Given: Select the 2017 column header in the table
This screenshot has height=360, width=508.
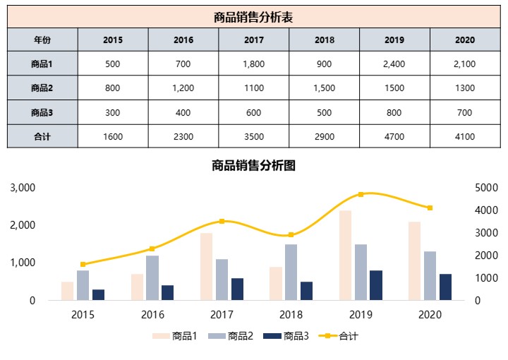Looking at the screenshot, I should [253, 40].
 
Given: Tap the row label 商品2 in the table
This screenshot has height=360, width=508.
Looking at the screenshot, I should [42, 88].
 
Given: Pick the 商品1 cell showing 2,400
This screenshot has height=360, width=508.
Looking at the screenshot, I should [394, 64].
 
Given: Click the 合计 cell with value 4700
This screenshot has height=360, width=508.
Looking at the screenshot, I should [394, 136].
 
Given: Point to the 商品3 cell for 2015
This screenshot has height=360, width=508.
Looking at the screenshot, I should [113, 112].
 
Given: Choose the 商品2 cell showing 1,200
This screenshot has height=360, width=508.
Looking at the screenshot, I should [183, 88].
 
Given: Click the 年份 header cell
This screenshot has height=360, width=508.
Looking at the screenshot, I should [42, 40].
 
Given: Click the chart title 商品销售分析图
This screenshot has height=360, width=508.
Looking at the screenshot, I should [253, 166].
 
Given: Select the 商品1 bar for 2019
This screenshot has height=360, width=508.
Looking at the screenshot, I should [345, 256].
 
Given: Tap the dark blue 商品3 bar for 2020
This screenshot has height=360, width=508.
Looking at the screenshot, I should [445, 287].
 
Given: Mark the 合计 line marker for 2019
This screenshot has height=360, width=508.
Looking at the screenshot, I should [361, 194].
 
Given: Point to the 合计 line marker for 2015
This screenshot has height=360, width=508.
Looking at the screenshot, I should [83, 264].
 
